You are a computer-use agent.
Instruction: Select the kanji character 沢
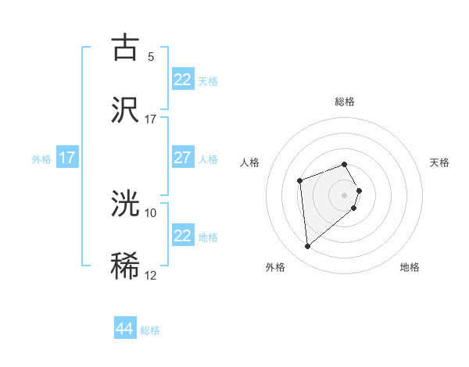126,110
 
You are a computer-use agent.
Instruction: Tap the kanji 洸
126,204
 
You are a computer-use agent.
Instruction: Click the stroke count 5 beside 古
151,56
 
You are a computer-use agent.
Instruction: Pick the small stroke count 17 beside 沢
151,119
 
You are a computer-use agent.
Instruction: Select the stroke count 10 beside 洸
151,212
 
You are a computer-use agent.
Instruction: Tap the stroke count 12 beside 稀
151,275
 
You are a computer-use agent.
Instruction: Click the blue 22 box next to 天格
183,80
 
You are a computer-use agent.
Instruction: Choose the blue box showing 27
183,158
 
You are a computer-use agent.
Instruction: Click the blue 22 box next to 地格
183,236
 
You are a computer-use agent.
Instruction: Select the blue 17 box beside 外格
67,158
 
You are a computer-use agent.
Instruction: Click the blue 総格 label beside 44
150,330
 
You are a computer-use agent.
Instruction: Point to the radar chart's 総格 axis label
345,102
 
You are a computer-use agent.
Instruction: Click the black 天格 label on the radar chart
440,162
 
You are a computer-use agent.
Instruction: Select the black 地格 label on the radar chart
410,267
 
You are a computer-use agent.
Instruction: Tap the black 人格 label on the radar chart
250,162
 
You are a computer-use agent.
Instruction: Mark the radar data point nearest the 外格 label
307,247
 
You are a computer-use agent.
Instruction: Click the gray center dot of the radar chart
345,194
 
